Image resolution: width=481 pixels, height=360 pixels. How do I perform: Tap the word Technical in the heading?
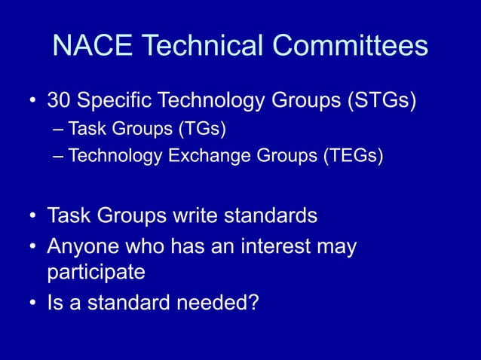click(203, 47)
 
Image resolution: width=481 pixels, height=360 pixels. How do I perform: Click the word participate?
click(96, 270)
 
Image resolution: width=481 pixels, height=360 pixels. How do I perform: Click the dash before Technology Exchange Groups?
click(60, 157)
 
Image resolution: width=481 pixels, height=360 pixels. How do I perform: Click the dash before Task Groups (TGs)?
click(60, 130)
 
